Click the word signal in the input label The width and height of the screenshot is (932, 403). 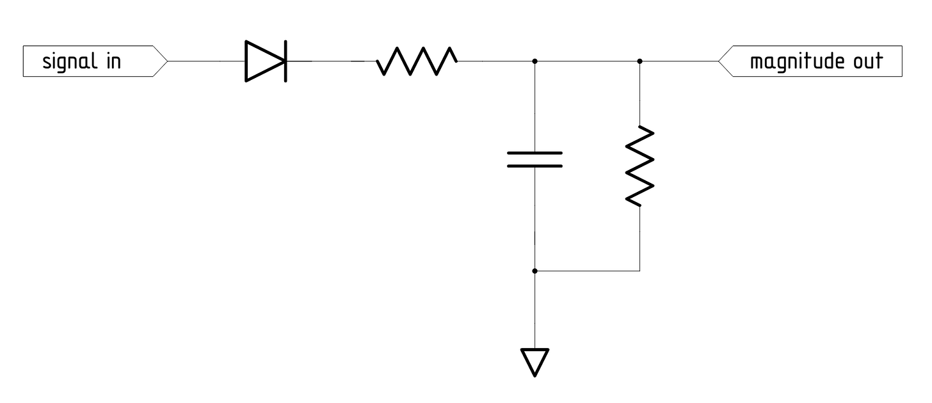(x=67, y=62)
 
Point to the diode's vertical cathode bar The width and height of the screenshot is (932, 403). (x=285, y=61)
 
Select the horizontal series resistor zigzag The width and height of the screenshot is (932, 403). (x=416, y=61)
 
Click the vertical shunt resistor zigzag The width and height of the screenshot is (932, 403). (x=640, y=166)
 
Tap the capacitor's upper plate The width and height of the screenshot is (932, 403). (x=534, y=154)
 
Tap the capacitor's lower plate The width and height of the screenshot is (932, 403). (x=534, y=166)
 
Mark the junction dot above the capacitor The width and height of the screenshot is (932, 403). (x=534, y=61)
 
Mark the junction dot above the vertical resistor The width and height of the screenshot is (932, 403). (x=640, y=61)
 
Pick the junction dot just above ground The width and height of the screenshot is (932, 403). (x=534, y=271)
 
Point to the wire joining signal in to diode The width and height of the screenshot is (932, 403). (x=205, y=61)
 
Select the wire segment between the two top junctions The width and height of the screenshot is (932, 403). (x=587, y=61)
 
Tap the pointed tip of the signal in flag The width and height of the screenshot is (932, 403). (x=167, y=62)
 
